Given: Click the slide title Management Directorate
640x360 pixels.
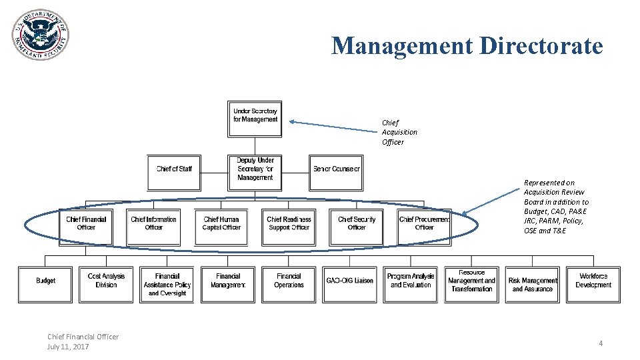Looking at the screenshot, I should tap(467, 46).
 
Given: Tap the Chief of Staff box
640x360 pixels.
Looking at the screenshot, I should tap(174, 169).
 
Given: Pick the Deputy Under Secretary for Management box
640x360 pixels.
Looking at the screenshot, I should tap(255, 169).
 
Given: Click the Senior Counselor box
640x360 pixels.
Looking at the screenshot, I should tap(336, 169).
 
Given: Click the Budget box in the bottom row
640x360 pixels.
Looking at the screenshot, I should tap(45, 281).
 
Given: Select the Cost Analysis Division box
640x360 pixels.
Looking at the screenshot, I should tap(106, 281).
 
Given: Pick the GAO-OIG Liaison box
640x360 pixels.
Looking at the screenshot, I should tap(349, 281).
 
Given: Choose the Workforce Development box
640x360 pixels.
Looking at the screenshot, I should tap(593, 281).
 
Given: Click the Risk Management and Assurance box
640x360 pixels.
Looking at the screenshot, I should tap(533, 285).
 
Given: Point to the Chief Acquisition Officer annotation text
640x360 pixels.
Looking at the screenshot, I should tap(399, 132).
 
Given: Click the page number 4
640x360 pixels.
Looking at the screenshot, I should tap(601, 343).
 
